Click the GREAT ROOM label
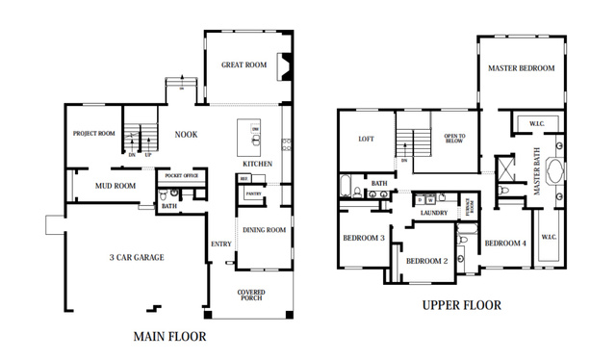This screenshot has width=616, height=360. tap(244, 65)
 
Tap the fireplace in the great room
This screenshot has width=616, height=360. tap(282, 66)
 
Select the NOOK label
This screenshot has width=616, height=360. tap(186, 134)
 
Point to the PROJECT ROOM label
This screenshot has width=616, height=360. tap(94, 133)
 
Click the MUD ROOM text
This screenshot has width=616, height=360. tap(115, 185)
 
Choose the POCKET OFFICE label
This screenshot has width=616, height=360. tap(182, 176)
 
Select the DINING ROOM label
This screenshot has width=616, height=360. tap(264, 229)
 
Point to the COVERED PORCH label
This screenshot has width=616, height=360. tap(251, 296)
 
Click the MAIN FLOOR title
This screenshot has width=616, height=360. tap(168, 337)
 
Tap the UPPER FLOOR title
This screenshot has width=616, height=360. tap(462, 305)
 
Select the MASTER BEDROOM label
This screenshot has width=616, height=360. tap(521, 68)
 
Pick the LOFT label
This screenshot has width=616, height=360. tap(366, 139)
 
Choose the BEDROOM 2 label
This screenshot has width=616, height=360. tap(426, 261)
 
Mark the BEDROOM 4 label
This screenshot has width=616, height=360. tap(505, 243)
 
